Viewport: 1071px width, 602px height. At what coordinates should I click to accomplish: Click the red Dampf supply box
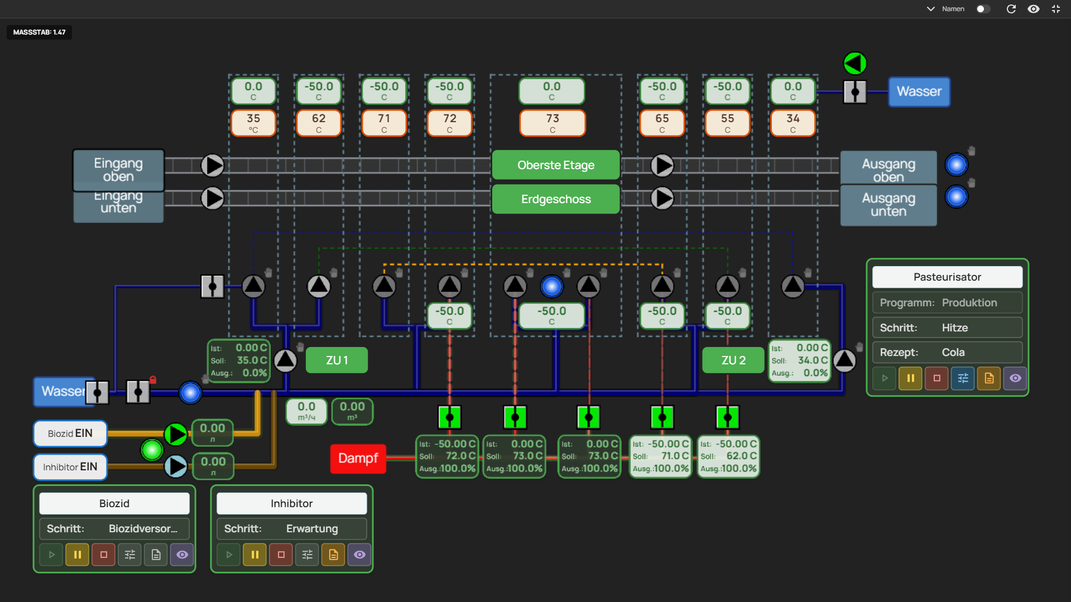(x=358, y=458)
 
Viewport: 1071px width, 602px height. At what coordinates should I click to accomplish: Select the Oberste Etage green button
(x=555, y=165)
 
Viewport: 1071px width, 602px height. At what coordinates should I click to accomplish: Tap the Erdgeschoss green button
(x=555, y=199)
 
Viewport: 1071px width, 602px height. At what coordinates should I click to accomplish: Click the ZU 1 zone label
(x=337, y=360)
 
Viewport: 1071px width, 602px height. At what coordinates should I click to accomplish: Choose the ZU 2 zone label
(x=733, y=360)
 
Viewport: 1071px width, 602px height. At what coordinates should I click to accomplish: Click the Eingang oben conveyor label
(x=118, y=170)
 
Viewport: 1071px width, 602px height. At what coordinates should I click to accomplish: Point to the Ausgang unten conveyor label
(x=889, y=205)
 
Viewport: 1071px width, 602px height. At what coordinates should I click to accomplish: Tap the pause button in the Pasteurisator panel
(x=910, y=378)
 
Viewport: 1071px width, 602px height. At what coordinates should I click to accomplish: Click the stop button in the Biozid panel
(x=103, y=555)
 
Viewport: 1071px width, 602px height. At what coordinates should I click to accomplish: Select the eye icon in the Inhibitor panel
(x=359, y=555)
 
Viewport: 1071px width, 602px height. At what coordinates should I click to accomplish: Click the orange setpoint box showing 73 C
(x=552, y=123)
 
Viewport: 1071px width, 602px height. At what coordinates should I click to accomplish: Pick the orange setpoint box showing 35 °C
(x=253, y=123)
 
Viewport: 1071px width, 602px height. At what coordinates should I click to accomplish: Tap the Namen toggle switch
(x=983, y=9)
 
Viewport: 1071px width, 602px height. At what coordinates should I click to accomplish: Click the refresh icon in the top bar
(x=1011, y=9)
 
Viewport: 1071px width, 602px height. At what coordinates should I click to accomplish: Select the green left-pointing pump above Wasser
(x=854, y=63)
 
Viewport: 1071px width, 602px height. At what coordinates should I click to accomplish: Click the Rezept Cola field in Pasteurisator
(x=947, y=353)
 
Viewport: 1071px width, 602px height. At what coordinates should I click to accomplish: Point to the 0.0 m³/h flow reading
(x=306, y=411)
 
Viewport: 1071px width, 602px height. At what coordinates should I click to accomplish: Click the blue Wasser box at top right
(x=919, y=91)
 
